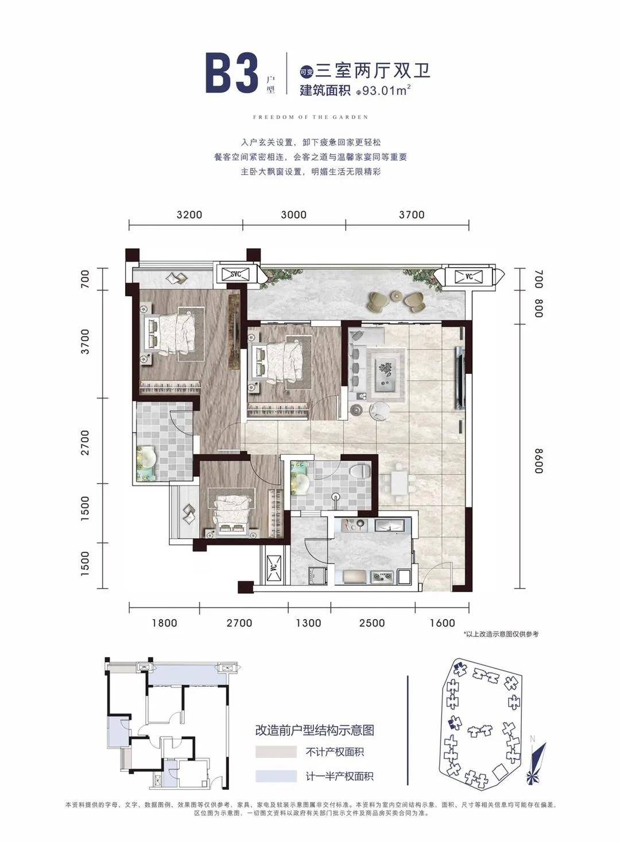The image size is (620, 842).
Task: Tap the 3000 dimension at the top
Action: (293, 215)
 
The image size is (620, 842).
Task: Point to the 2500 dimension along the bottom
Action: (371, 623)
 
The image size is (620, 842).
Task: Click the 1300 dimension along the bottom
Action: (308, 623)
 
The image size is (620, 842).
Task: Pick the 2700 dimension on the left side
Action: (85, 443)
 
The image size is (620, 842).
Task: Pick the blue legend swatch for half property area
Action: (276, 776)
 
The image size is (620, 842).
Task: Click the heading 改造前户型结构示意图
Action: (315, 730)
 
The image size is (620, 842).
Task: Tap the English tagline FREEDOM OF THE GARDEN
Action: (311, 117)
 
